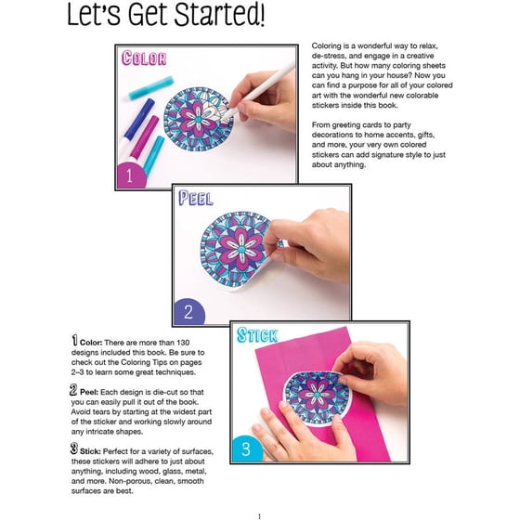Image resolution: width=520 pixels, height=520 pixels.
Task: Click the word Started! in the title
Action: click(x=220, y=15)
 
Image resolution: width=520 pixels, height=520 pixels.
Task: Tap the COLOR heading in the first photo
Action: click(x=144, y=58)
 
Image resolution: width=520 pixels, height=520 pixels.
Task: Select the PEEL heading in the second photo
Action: click(x=196, y=198)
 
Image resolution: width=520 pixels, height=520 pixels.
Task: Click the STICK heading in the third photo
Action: click(x=257, y=335)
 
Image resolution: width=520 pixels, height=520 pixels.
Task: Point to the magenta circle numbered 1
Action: click(x=131, y=175)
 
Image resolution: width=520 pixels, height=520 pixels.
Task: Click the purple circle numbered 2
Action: click(x=188, y=312)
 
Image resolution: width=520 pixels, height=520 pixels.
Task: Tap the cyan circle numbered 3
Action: click(x=246, y=448)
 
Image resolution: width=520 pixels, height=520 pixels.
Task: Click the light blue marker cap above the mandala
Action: click(x=151, y=88)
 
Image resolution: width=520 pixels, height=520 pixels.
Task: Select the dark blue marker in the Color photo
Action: click(x=139, y=119)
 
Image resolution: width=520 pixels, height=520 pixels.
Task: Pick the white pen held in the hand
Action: click(x=259, y=91)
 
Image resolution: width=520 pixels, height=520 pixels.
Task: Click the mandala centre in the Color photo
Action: click(x=198, y=119)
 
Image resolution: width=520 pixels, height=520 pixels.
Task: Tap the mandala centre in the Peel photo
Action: click(x=241, y=249)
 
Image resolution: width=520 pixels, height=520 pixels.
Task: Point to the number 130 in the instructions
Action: click(x=183, y=343)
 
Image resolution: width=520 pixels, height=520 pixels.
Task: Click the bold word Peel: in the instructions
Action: click(x=89, y=392)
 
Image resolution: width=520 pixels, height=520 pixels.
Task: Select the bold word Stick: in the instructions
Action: click(x=90, y=451)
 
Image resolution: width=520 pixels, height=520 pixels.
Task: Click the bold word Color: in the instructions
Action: click(x=91, y=343)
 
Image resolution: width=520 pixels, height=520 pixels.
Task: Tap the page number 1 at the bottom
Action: click(x=259, y=516)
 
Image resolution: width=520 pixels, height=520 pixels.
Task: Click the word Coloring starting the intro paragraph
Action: click(x=327, y=46)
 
